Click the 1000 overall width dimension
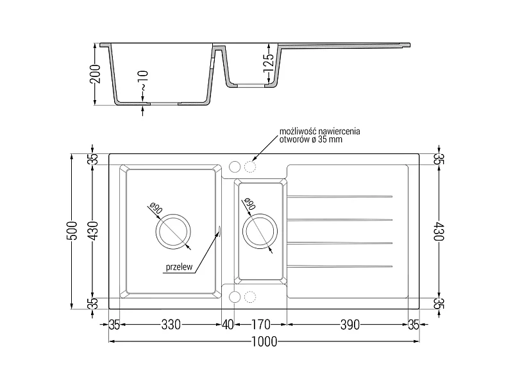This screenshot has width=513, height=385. tap(264, 342)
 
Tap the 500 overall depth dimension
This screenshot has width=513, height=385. tap(72, 231)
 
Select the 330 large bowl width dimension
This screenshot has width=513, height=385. tap(171, 325)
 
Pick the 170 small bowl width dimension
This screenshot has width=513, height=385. tap(261, 325)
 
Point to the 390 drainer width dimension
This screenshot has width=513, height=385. tap(349, 325)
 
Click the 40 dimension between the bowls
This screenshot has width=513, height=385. tap(228, 325)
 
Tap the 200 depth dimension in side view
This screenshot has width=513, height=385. tap(95, 74)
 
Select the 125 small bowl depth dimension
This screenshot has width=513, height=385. tap(268, 63)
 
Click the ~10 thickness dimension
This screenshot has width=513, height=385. tap(144, 81)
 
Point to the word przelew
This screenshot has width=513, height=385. tap(179, 267)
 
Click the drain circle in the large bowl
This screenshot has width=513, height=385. tap(173, 232)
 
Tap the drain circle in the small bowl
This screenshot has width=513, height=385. tap(260, 231)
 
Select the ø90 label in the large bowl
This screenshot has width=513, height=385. tap(155, 208)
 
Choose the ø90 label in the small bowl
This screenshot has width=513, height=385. tap(249, 203)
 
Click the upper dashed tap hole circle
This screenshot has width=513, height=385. tap(250, 167)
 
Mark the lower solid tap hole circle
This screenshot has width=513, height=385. tap(235, 297)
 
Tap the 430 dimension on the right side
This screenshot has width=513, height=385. tap(439, 232)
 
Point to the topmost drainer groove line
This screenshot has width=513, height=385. tap(340, 196)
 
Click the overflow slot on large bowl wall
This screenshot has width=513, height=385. tap(219, 231)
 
